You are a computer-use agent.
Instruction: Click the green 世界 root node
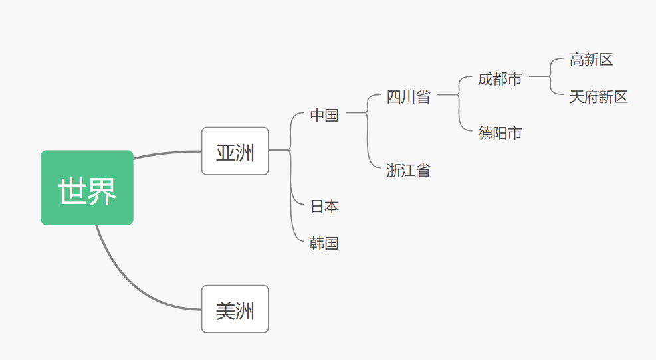[87, 187]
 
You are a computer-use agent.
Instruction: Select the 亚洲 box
[235, 151]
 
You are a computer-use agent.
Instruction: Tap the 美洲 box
[235, 309]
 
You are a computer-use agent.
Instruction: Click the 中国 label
[324, 116]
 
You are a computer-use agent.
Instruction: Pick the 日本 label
[324, 207]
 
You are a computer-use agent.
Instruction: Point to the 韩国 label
[324, 244]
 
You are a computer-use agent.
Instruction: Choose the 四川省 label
[408, 97]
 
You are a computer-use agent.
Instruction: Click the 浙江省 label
[408, 171]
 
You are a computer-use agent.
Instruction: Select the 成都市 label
[500, 79]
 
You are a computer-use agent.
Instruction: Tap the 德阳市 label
[500, 134]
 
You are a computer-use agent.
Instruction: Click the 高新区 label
[591, 60]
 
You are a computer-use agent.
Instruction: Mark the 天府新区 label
[598, 98]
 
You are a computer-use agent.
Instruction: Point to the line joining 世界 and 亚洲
[166, 153]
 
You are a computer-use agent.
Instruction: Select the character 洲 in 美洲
[245, 310]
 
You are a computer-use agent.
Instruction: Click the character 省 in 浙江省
[423, 171]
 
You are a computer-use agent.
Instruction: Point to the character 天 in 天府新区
[577, 98]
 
